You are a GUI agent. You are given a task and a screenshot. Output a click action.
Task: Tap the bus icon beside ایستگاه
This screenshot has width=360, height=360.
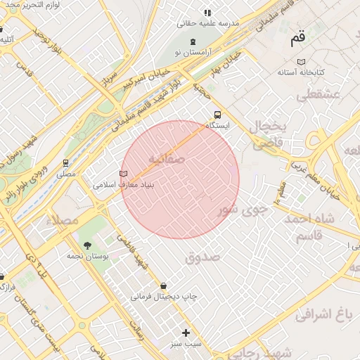[x=217, y=114]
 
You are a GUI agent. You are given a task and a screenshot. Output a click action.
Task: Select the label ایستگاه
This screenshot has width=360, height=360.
[x=217, y=125]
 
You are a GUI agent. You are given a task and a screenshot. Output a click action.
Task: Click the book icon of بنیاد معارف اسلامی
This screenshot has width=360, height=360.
[x=124, y=173]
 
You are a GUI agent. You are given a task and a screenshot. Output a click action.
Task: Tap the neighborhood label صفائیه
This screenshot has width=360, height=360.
[x=172, y=160]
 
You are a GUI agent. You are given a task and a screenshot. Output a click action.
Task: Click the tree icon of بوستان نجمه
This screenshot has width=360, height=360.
[x=87, y=245]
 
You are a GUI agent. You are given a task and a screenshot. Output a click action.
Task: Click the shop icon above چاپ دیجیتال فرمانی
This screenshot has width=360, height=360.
[x=164, y=285]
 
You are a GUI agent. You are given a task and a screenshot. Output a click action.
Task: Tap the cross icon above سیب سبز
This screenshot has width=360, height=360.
[x=186, y=333]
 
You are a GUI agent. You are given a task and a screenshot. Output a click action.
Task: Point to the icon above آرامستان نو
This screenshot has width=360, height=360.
[x=193, y=41]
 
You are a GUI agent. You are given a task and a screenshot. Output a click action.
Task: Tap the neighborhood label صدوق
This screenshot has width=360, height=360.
[x=202, y=257]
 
